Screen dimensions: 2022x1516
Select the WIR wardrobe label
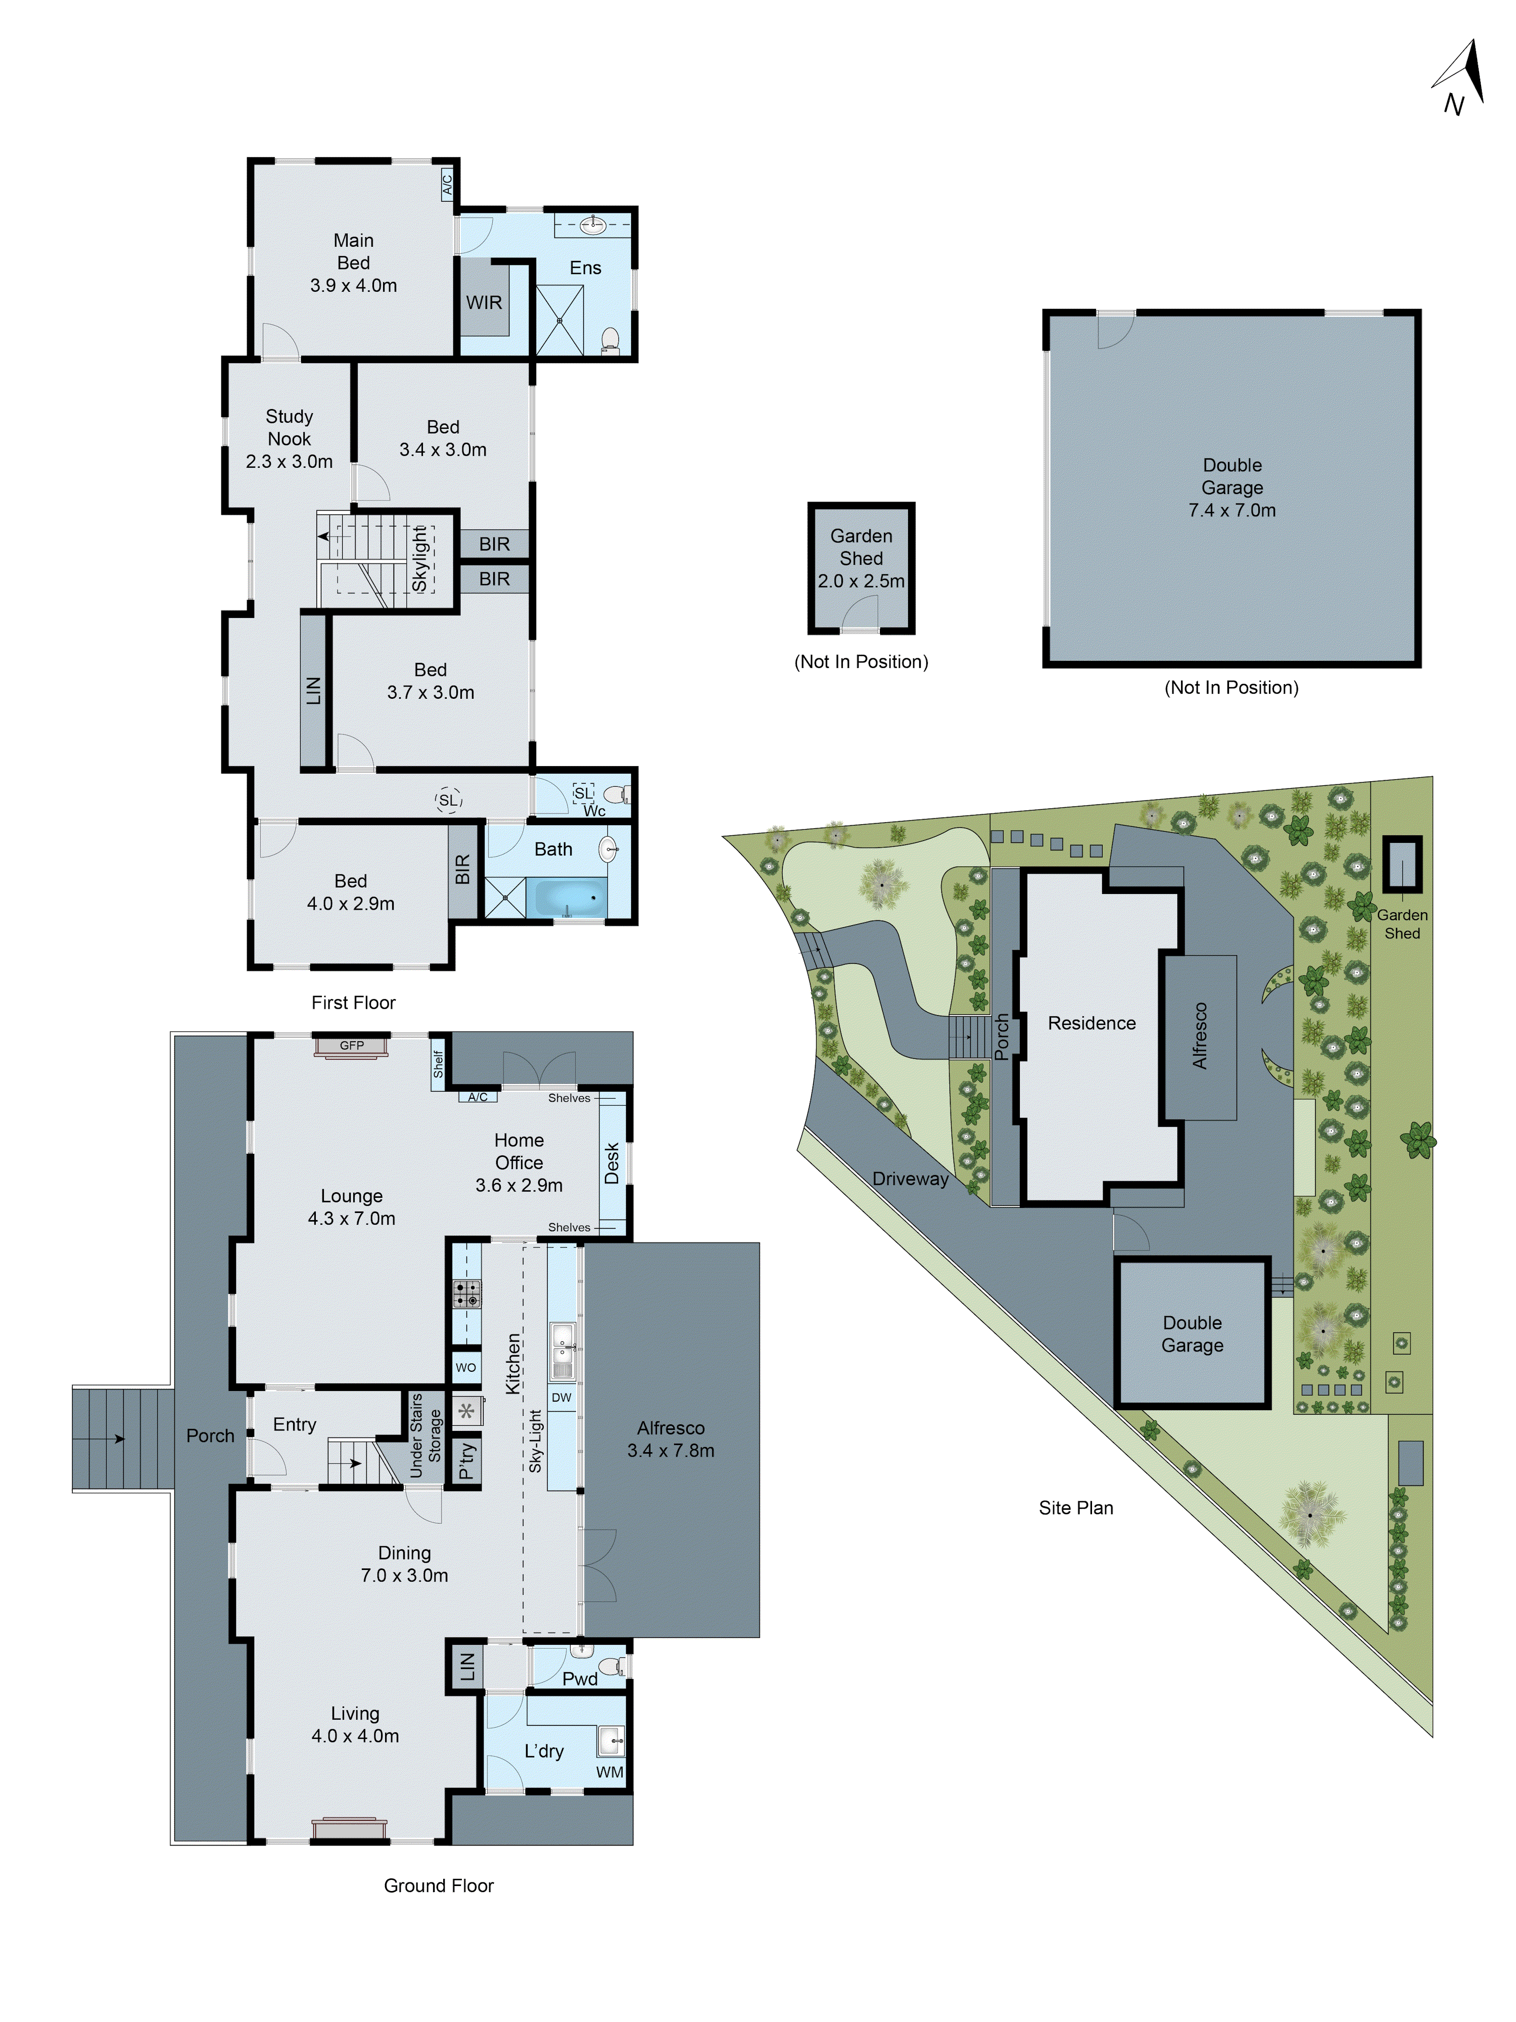(484, 302)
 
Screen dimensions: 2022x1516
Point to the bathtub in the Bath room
(566, 897)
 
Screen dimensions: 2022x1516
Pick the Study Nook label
(289, 439)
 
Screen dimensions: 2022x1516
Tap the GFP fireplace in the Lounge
(352, 1046)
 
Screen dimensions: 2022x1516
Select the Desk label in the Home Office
(611, 1163)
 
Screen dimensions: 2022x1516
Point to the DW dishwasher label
(561, 1398)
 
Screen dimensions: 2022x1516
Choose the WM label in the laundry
(609, 1772)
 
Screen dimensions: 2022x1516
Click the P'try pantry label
(466, 1461)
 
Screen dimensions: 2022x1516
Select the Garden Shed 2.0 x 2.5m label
(861, 559)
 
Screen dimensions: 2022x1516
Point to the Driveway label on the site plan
(910, 1179)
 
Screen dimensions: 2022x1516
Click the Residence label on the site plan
(1091, 1023)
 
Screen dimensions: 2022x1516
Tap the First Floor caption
(353, 1003)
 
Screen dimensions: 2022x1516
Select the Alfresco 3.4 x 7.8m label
(671, 1439)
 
